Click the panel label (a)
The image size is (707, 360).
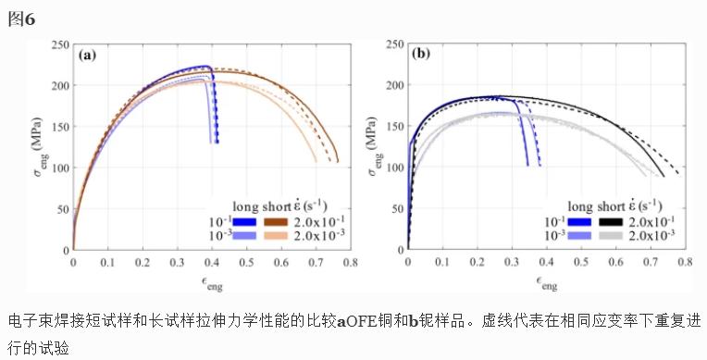(x=88, y=55)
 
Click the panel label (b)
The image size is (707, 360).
(x=421, y=55)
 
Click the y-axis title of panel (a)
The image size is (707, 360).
(x=36, y=147)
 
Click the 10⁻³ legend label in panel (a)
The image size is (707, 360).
(x=217, y=237)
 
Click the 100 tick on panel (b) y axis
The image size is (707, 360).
(x=394, y=168)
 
